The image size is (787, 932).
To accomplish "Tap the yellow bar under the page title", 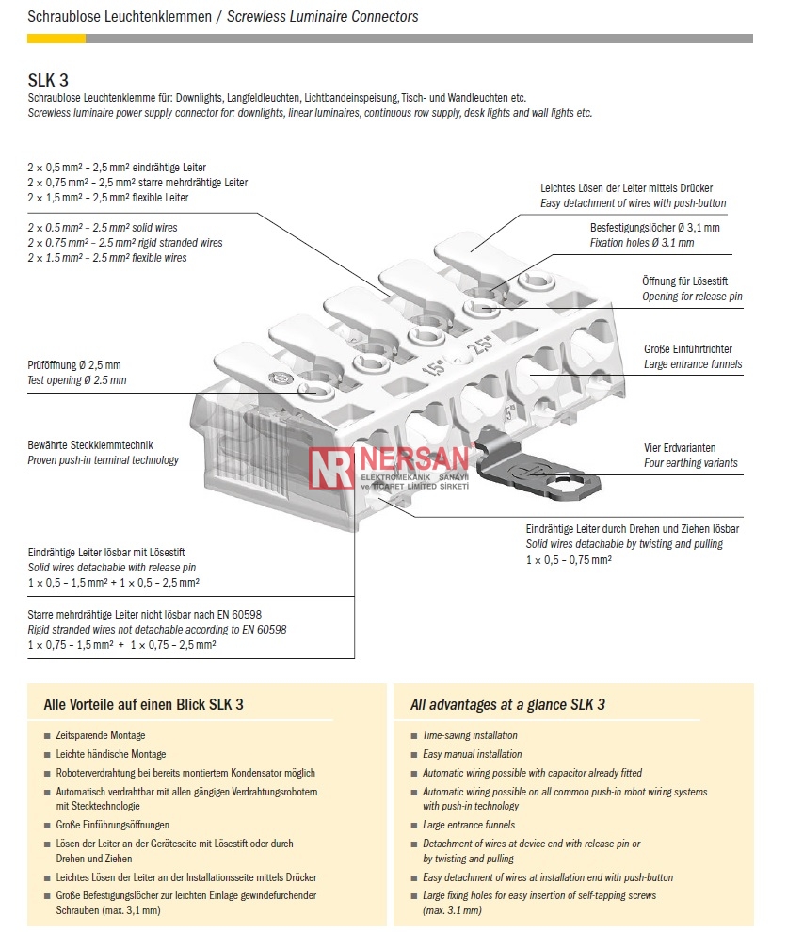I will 56,39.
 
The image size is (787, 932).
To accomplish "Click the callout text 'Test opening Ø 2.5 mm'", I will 76,380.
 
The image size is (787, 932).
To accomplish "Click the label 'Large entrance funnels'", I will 692,364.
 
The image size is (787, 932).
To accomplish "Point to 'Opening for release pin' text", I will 692,297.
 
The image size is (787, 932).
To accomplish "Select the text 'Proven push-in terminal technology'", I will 103,460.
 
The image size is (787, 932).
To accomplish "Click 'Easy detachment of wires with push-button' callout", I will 633,203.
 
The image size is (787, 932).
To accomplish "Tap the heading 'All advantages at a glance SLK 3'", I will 507,704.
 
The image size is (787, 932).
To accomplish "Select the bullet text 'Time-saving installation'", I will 470,735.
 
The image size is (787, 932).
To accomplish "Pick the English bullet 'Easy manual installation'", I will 472,754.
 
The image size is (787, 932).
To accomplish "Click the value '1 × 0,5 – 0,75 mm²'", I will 569,559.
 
